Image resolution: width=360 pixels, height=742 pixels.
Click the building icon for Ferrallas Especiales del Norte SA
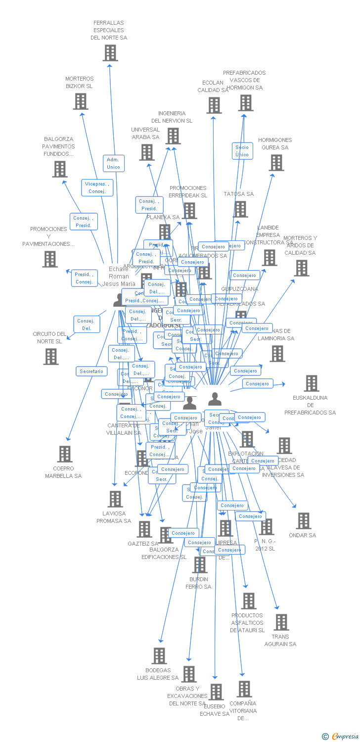[x=110, y=53]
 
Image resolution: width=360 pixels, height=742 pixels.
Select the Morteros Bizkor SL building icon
[x=80, y=101]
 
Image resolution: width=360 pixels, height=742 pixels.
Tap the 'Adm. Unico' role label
[x=113, y=163]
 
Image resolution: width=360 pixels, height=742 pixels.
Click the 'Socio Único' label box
[x=242, y=151]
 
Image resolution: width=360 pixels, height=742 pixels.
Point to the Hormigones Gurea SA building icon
[x=276, y=163]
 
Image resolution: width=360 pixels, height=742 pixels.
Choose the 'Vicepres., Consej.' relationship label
[x=97, y=187]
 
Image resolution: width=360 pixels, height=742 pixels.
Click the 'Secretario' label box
[x=91, y=371]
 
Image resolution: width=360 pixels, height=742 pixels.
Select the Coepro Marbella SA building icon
[x=64, y=454]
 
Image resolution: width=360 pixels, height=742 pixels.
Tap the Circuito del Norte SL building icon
[x=50, y=357]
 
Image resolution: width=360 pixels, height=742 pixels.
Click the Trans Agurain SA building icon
[x=281, y=622]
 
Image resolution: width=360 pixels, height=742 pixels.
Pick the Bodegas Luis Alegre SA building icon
[x=159, y=656]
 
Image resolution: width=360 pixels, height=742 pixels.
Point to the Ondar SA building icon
[x=303, y=521]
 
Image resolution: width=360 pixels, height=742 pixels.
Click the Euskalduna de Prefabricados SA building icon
[x=311, y=383]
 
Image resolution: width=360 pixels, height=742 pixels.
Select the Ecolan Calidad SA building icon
[x=214, y=105]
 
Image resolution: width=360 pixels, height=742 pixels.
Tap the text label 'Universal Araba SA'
[x=145, y=134]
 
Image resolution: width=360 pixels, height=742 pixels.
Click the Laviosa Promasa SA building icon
[x=115, y=499]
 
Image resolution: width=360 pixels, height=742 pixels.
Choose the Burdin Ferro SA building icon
[x=199, y=565]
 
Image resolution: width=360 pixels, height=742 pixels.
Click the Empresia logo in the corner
[x=341, y=737]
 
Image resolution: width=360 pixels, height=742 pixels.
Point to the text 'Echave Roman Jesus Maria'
[x=119, y=277]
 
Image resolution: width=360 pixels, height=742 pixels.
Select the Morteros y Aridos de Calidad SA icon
[x=301, y=268]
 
